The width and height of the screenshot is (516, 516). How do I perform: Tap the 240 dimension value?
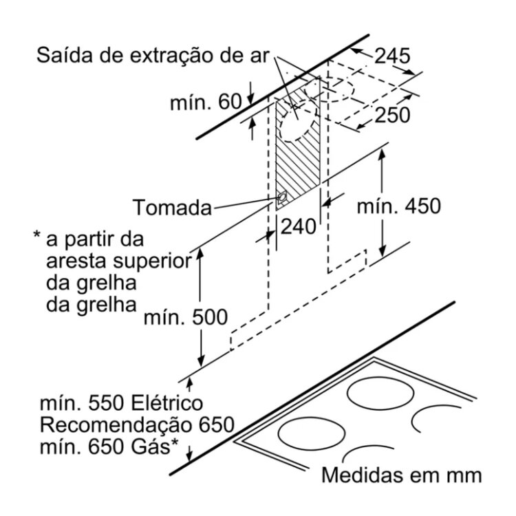click(298, 225)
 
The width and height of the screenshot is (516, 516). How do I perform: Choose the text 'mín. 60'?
click(206, 103)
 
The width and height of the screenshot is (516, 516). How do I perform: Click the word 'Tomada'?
click(173, 207)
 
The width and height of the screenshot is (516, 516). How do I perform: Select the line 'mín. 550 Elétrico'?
click(120, 402)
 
